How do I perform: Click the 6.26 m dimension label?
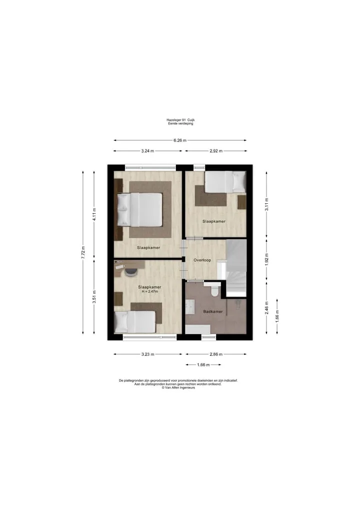180,140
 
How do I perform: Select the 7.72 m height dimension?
83,253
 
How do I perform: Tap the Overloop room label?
202,260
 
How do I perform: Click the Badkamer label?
213,312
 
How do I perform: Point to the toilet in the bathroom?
214,290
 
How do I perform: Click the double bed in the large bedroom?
139,209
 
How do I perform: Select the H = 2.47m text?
149,292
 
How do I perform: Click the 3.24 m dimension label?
147,151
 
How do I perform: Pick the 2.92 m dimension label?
216,151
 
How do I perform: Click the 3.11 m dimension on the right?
266,204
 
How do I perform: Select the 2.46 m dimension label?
266,308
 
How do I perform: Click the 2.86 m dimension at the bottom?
216,355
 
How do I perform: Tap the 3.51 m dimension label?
94,296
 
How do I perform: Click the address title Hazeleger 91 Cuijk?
180,120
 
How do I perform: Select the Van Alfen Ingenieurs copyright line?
178,388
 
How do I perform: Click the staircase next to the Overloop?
236,268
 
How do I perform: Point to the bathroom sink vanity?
190,307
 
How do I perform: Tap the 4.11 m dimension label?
94,214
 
